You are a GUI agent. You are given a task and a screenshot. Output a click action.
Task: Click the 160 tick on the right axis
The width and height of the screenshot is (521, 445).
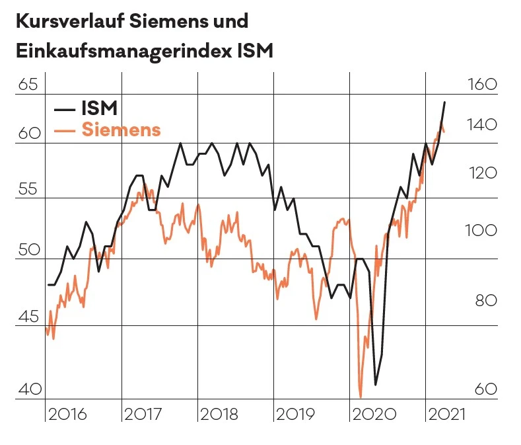(481, 85)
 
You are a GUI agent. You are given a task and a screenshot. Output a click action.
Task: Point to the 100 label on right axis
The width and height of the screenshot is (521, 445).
(481, 231)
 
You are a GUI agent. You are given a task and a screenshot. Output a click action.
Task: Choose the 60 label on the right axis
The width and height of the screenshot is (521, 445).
(485, 389)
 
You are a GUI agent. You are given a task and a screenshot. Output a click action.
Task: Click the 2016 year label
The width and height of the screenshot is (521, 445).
(68, 415)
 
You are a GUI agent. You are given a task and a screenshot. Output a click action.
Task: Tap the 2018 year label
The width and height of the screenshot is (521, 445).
(219, 415)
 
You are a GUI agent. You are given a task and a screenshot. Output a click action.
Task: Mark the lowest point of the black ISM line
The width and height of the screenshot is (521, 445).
(376, 384)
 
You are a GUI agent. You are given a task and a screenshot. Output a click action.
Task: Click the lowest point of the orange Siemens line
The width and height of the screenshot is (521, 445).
(361, 397)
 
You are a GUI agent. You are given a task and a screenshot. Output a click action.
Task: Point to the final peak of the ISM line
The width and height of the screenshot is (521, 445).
(444, 102)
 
